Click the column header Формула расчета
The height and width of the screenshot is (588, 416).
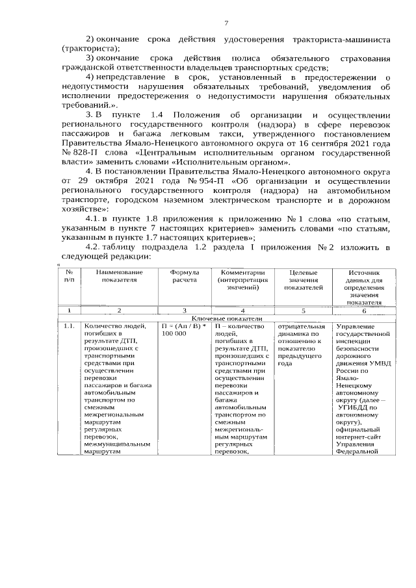tap(185, 277)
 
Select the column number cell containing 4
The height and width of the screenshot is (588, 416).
tap(242, 311)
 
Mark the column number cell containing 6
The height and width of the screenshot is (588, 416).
tap(364, 311)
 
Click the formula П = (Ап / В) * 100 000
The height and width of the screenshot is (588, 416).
tap(185, 329)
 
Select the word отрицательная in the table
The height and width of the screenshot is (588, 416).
tap(301, 326)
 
